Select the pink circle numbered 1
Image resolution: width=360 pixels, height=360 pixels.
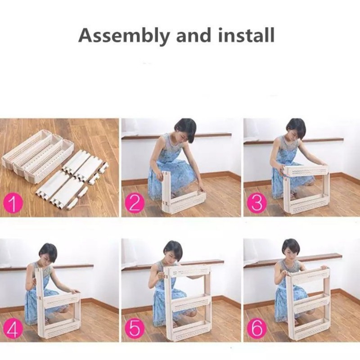coord(13,203)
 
